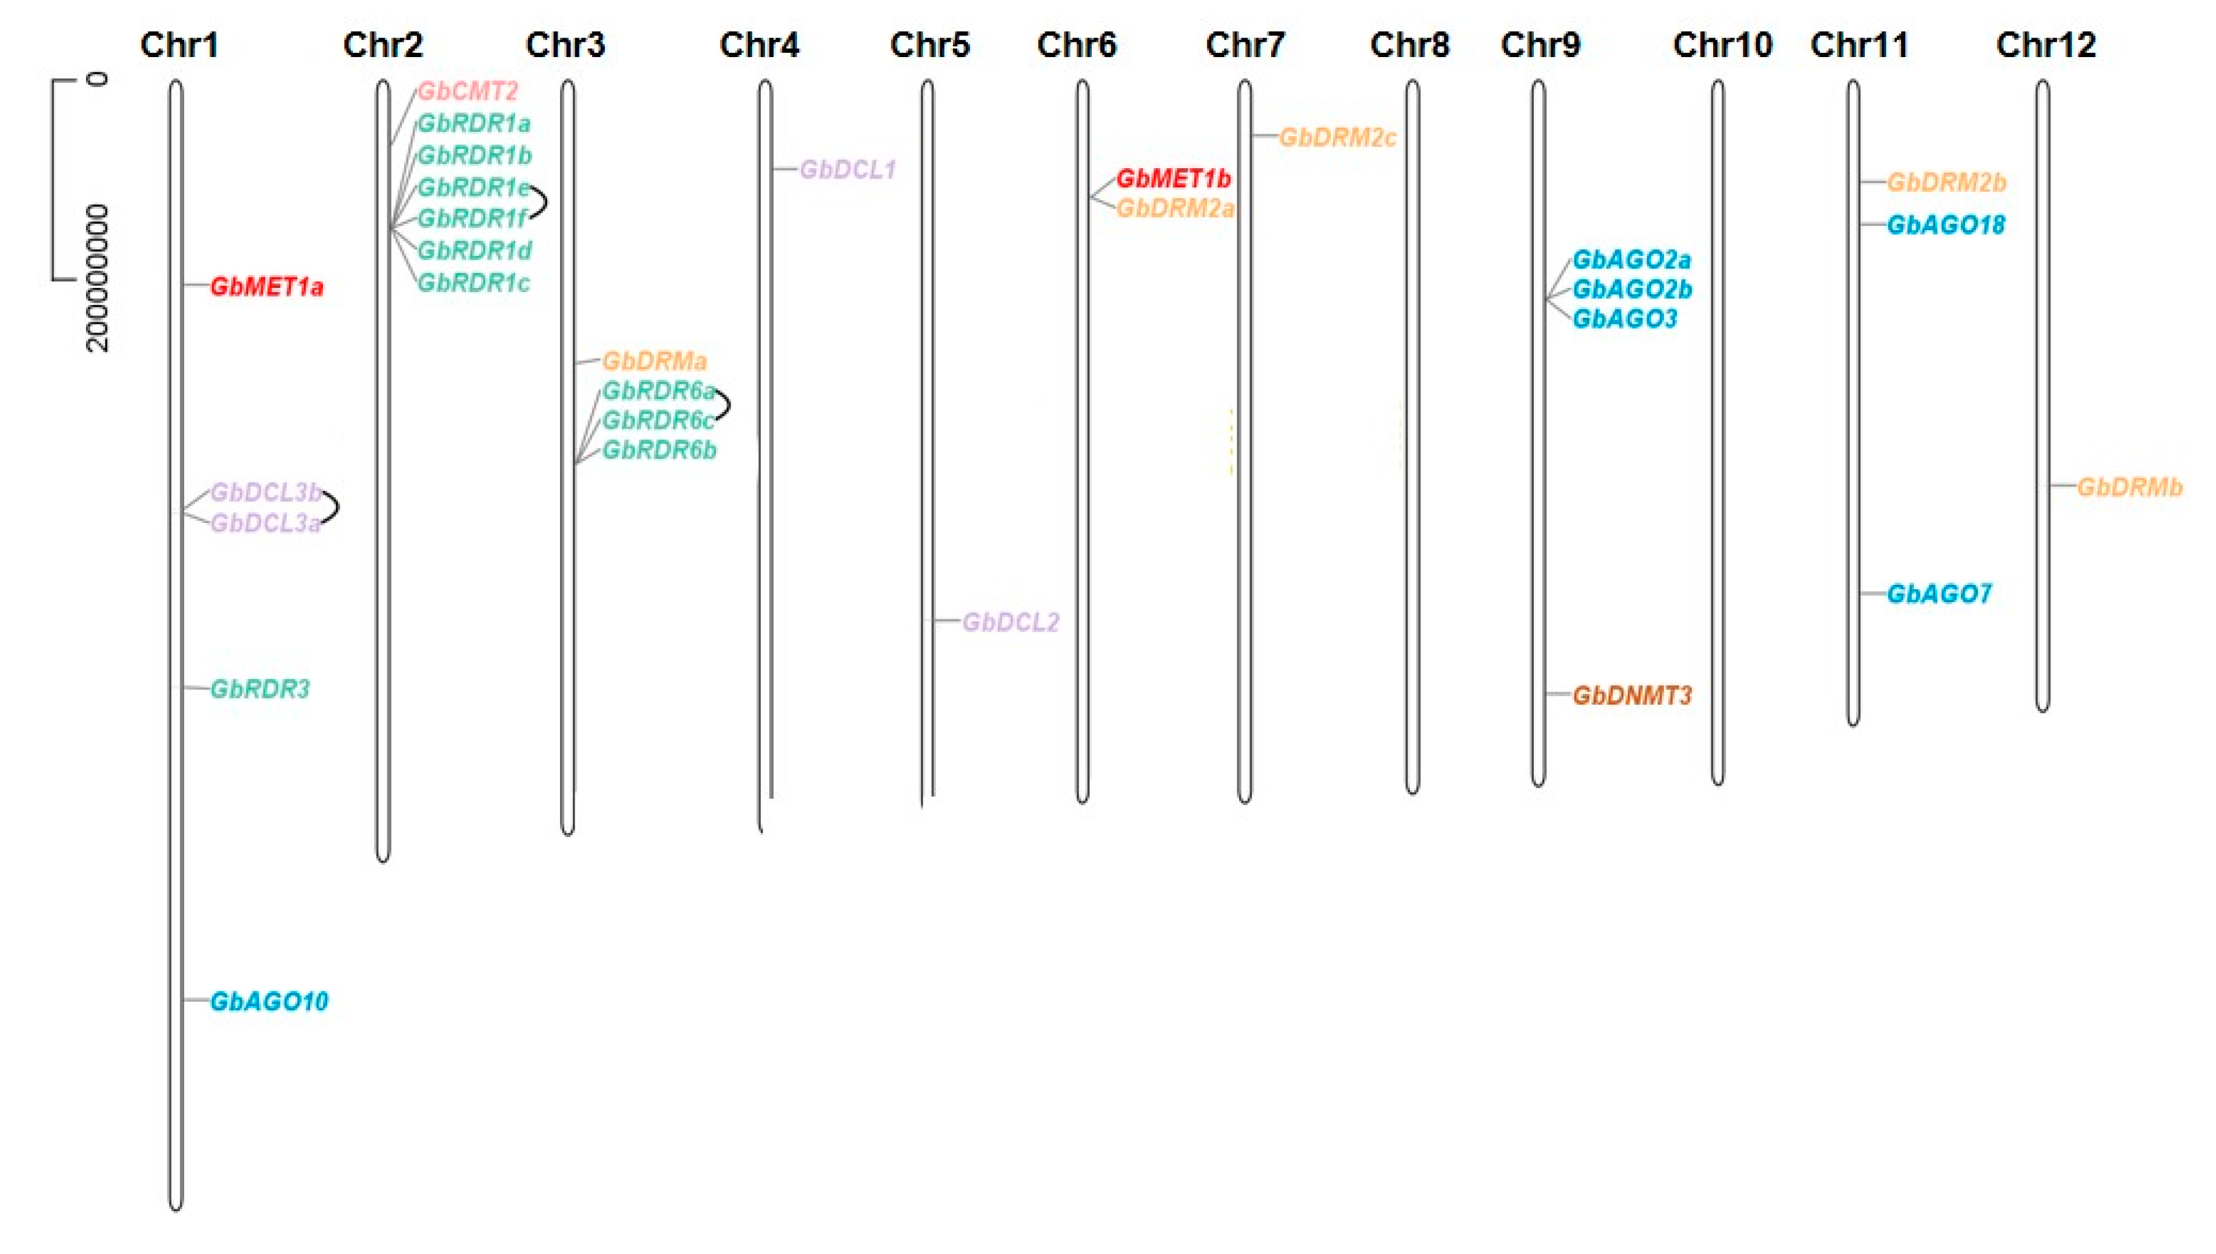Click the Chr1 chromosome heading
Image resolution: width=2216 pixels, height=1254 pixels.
click(x=179, y=45)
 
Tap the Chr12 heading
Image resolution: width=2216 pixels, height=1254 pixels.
click(x=2045, y=45)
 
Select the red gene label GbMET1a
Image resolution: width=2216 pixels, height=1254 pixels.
click(x=266, y=287)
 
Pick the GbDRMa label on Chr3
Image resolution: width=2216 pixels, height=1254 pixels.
click(x=654, y=361)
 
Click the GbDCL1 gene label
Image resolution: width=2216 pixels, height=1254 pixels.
click(x=848, y=169)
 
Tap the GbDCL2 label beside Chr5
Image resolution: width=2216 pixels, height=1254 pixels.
click(x=1010, y=622)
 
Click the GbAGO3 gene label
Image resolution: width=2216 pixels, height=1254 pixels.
click(x=1625, y=319)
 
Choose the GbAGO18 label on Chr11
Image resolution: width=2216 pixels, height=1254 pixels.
click(x=1945, y=225)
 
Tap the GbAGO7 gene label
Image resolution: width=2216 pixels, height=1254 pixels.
click(x=1938, y=594)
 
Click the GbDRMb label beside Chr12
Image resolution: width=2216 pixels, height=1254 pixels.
click(x=2130, y=487)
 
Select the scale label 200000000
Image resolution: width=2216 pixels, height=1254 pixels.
click(x=98, y=277)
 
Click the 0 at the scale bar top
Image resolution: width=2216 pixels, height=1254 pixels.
click(x=98, y=79)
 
